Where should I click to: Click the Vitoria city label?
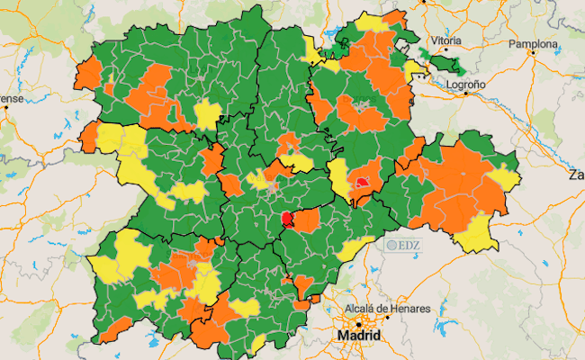[446, 41]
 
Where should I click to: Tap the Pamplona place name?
[534, 42]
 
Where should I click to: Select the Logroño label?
[465, 84]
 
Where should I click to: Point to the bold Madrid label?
[358, 336]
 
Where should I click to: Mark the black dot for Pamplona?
[533, 52]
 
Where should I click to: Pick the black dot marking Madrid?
[358, 323]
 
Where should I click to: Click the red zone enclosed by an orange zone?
[363, 181]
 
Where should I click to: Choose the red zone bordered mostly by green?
[287, 219]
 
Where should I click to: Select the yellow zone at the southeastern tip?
[478, 235]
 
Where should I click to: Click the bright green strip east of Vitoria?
[445, 64]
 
